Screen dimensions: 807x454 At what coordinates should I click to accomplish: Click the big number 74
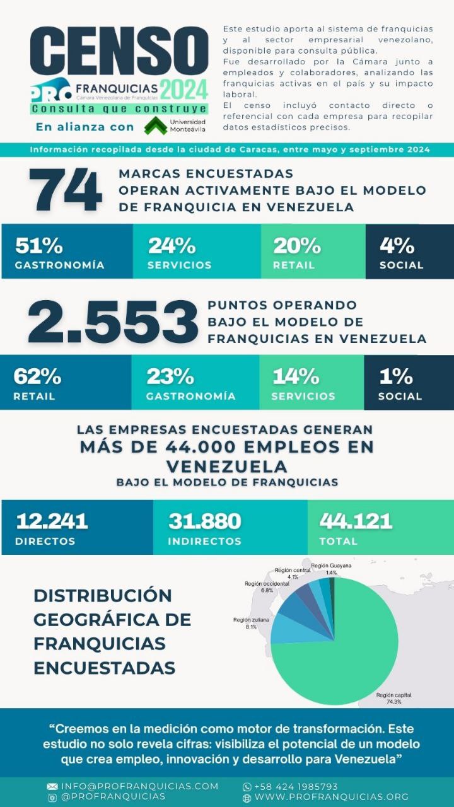coord(66,190)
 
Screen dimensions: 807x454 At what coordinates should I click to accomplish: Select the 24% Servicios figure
coord(172,245)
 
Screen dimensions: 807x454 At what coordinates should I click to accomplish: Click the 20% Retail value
coord(296,245)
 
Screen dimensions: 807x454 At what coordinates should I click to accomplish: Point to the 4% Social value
coord(397,245)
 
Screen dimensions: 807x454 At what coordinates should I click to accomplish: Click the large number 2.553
coord(113,321)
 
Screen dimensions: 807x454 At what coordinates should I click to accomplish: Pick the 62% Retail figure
coord(37,376)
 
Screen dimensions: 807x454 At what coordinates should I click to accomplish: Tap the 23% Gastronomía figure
coord(170,376)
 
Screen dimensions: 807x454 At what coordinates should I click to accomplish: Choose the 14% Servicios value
coord(296,376)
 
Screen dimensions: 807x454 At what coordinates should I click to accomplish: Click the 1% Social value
coord(395,376)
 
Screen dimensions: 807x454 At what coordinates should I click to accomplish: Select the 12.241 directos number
coord(52,521)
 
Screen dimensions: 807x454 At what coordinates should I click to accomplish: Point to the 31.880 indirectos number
coord(204,521)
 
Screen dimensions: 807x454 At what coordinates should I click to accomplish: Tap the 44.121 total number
coord(356,521)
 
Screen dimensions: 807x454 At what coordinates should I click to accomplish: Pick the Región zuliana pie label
coord(251,624)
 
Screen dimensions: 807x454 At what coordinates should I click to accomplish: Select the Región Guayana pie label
coord(331,569)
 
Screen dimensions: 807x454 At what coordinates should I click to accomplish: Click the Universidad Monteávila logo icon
coord(155,126)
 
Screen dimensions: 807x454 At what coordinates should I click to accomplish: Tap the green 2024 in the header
coord(183,90)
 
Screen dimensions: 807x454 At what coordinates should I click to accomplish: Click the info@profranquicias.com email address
coord(139,786)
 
